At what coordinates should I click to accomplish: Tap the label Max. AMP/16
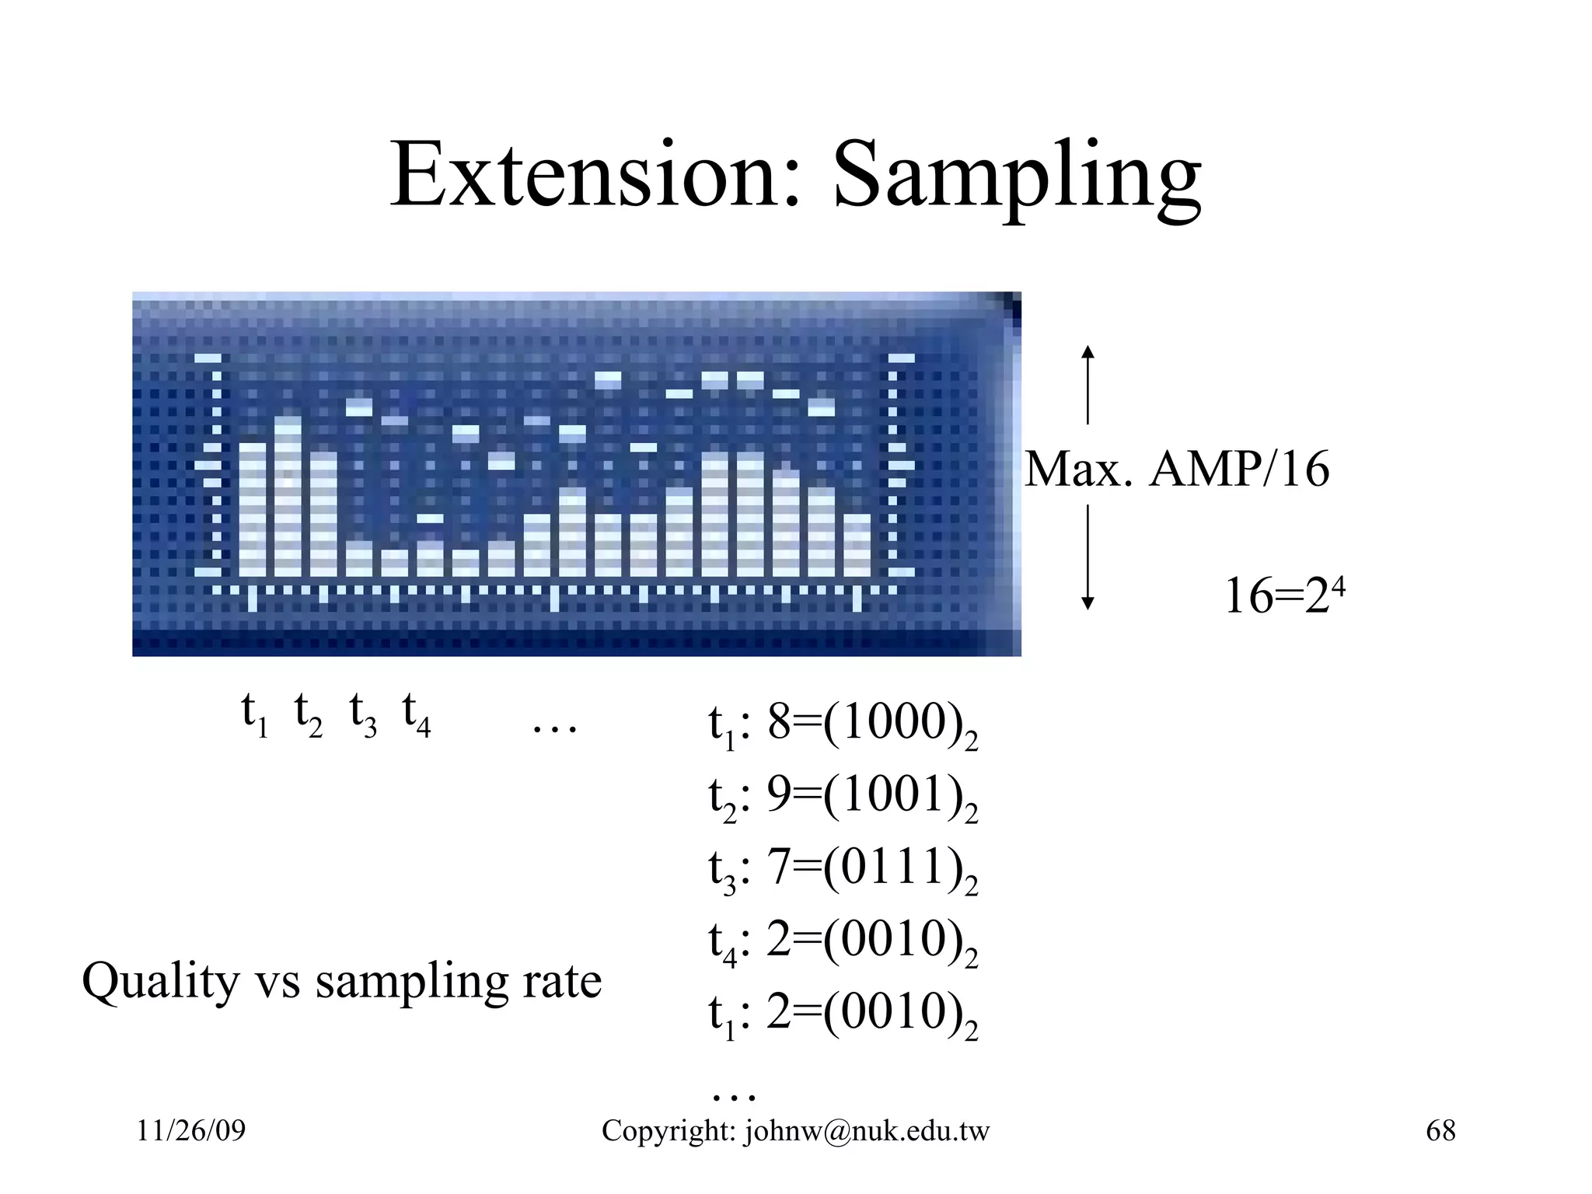[x=1177, y=470]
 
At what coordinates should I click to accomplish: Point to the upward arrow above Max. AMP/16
[x=1088, y=385]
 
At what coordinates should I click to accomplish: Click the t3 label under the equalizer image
[x=362, y=714]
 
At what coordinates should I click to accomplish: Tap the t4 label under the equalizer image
[x=416, y=714]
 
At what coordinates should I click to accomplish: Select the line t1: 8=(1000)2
[x=843, y=724]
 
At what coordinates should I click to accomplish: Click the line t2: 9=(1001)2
[x=843, y=797]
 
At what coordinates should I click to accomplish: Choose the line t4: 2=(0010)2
[x=843, y=941]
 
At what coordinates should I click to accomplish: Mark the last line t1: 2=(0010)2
[x=843, y=1014]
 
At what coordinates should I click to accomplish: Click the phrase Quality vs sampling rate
[x=342, y=982]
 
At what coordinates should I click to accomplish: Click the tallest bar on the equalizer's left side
[x=288, y=497]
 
